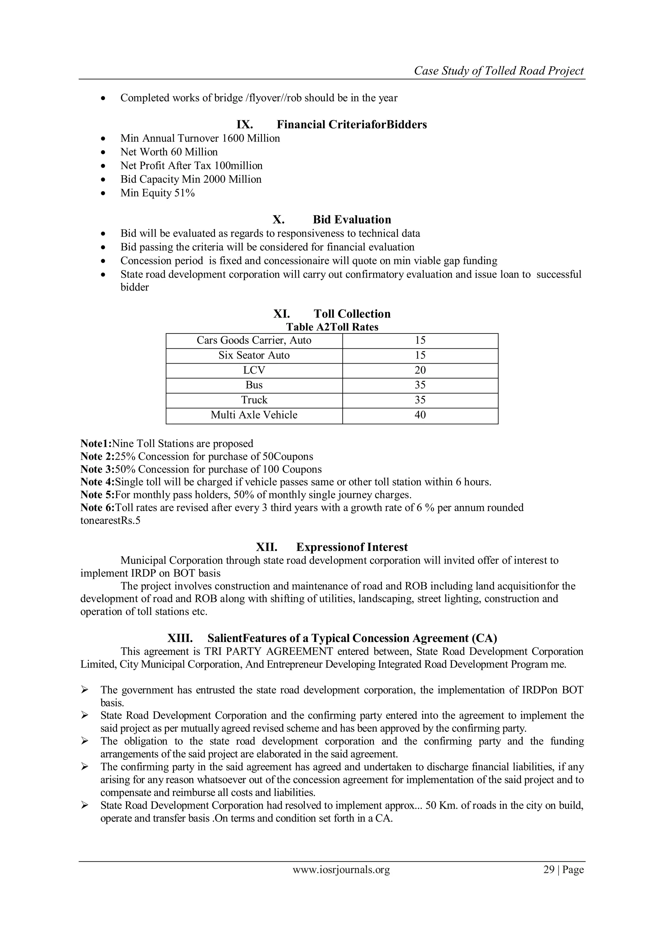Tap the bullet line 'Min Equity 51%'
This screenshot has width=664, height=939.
[x=158, y=193]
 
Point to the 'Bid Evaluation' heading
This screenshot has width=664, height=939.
[x=352, y=220]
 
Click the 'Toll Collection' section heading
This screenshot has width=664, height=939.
[x=352, y=314]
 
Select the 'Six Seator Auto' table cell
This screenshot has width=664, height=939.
[x=254, y=355]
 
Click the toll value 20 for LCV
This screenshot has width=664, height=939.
[x=420, y=370]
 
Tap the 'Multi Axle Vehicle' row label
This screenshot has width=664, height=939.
[x=254, y=415]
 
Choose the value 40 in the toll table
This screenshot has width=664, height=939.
[x=420, y=415]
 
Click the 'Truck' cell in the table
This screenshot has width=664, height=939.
[x=254, y=400]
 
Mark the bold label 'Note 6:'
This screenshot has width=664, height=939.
[x=97, y=508]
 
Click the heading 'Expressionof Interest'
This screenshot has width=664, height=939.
[x=352, y=547]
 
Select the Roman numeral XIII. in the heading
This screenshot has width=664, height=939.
[x=180, y=638]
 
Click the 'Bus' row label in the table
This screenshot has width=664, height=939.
[x=254, y=385]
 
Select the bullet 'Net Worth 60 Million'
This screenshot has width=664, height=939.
[x=169, y=152]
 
